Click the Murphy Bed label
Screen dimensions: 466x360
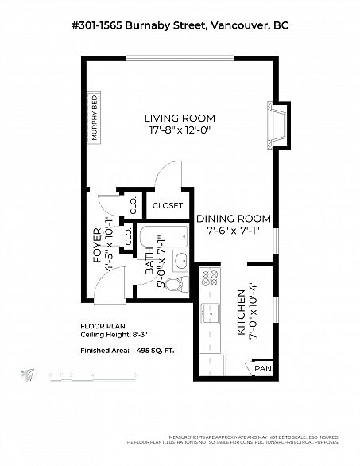(x=94, y=118)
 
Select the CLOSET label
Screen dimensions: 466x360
(x=168, y=205)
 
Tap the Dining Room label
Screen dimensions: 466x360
(x=234, y=219)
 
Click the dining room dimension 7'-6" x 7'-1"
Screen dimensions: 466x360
(x=234, y=231)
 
